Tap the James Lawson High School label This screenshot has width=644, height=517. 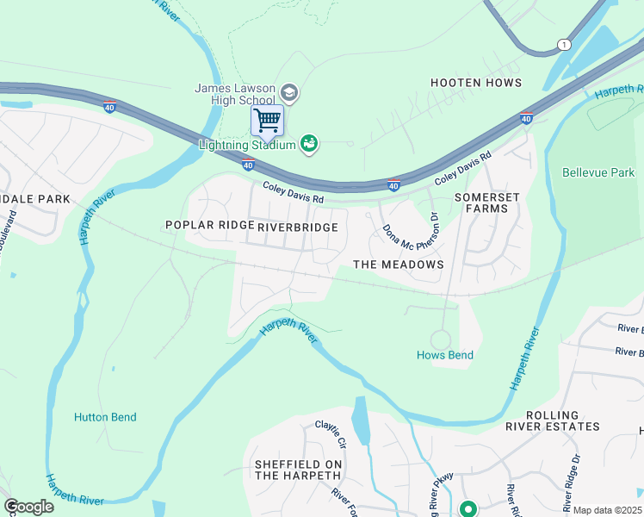coord(235,94)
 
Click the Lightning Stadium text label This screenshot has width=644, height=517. coord(247,144)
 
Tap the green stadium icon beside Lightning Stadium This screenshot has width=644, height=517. coord(308,144)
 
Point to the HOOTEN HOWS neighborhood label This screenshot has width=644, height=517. coord(476,83)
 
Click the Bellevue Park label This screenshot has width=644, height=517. coord(598,172)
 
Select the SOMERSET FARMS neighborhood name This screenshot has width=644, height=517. coord(487,203)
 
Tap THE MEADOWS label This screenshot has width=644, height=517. coord(399,265)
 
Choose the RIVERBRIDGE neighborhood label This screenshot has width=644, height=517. coord(297,227)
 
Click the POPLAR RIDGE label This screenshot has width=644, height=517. coord(208,225)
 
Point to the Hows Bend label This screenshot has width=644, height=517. coord(445,355)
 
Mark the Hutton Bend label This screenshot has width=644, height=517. coord(105,417)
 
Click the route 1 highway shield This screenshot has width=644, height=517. coord(563,44)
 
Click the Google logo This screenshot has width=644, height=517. coord(28,507)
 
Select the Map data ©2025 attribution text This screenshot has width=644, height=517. coord(606,510)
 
